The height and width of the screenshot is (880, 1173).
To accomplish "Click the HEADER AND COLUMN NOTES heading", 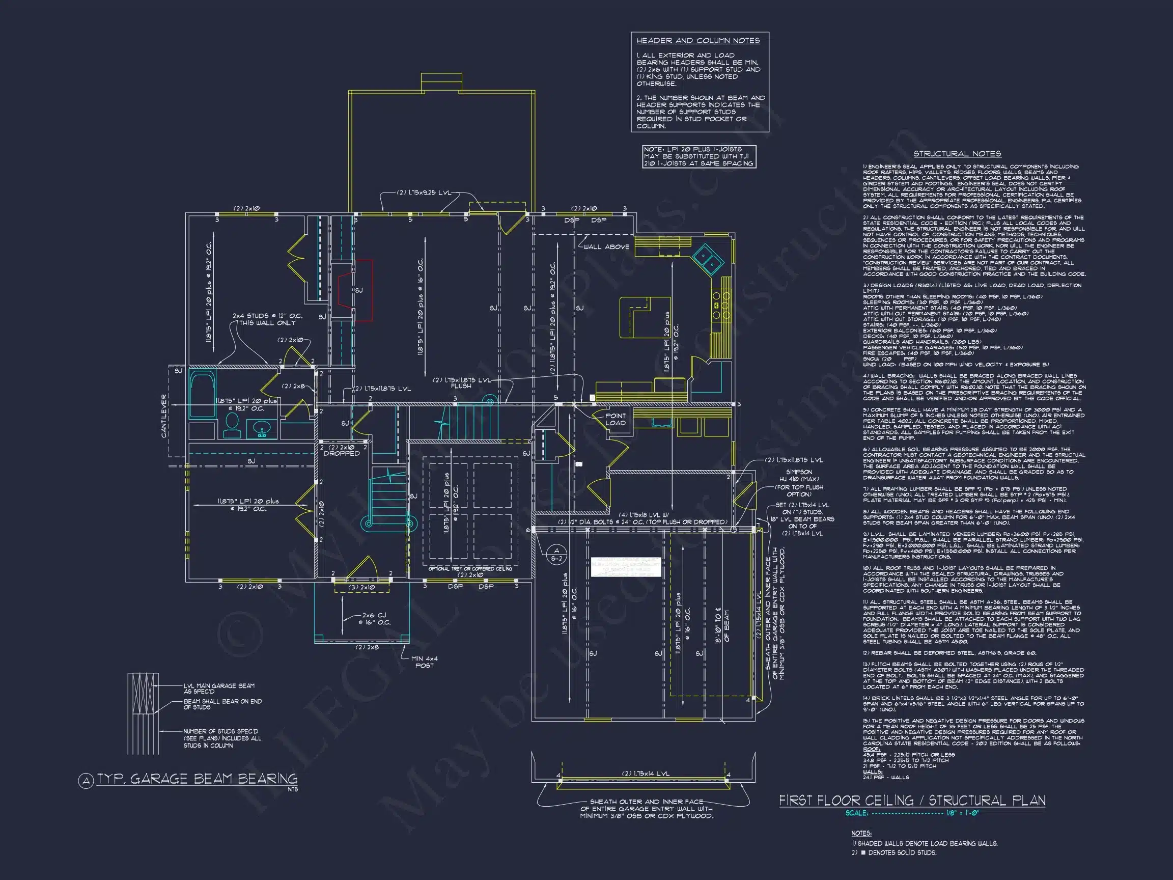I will (x=698, y=41).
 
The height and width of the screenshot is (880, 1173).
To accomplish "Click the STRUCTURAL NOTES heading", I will (x=957, y=154).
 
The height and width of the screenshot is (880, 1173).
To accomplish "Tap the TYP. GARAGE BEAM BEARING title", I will (x=197, y=779).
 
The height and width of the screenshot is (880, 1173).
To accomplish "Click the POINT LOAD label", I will (x=615, y=420).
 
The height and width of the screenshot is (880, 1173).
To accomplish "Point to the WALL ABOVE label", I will (x=606, y=246).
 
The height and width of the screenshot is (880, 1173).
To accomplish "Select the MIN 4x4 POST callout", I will (x=425, y=662).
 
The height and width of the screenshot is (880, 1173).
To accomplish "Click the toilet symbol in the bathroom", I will (x=232, y=424).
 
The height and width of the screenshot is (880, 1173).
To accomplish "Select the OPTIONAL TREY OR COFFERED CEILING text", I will (x=470, y=569).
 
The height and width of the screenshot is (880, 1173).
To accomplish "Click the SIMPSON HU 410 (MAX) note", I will (x=799, y=476).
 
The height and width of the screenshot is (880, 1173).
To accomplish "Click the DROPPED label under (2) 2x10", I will (x=342, y=454).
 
